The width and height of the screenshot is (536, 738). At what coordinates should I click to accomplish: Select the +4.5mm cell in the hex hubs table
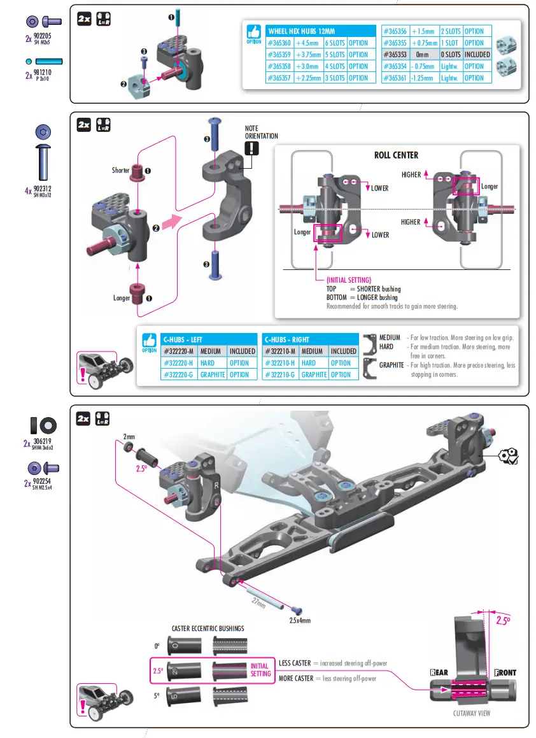[307, 43]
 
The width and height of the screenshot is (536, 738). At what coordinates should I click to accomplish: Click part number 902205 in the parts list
[42, 36]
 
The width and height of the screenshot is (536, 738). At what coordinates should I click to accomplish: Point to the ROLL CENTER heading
[396, 155]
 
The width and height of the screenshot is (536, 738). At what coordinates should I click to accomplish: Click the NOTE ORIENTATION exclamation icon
[253, 148]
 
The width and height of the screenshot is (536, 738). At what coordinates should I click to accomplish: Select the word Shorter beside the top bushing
[120, 171]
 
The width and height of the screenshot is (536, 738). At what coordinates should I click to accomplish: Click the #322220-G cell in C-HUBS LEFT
[179, 375]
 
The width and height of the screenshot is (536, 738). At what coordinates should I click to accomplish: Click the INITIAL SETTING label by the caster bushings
[260, 670]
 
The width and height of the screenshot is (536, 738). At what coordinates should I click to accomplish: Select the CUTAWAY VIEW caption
[472, 713]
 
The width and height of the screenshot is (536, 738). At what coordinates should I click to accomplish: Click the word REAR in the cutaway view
[439, 672]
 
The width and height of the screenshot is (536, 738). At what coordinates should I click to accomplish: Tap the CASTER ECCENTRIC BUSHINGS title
[208, 628]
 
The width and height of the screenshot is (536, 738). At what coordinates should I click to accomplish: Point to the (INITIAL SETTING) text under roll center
[348, 280]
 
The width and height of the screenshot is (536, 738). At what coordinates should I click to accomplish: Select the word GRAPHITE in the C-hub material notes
[391, 365]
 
